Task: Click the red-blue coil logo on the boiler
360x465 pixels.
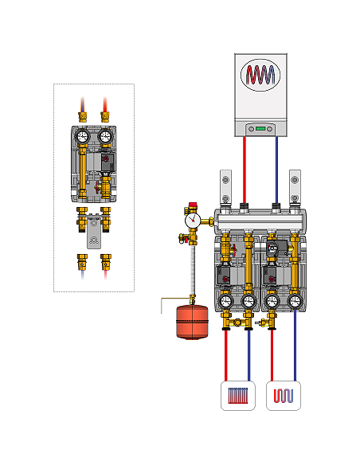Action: tap(261, 76)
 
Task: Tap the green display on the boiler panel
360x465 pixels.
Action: tap(260, 126)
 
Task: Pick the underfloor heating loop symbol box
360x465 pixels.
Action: tap(284, 396)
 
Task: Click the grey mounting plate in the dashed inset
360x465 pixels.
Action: tap(94, 240)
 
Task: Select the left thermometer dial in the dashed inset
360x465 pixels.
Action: tap(82, 136)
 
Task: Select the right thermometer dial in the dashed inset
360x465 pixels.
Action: tap(105, 136)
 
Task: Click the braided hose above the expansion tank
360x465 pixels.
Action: tap(191, 271)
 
